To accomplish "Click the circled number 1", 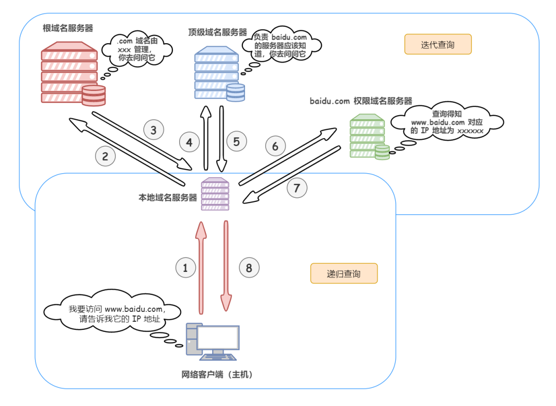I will pyautogui.click(x=186, y=267).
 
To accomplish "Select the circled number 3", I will pyautogui.click(x=153, y=130).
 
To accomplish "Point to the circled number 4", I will pyautogui.click(x=189, y=142).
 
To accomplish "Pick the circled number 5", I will pyautogui.click(x=236, y=141).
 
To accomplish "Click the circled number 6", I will pyautogui.click(x=275, y=146).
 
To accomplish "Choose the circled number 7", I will pyautogui.click(x=297, y=188).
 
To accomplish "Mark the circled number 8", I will pyautogui.click(x=249, y=267).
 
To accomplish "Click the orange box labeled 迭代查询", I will pyautogui.click(x=438, y=45).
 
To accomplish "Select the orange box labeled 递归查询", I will pyautogui.click(x=344, y=273).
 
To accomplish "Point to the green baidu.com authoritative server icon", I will pyautogui.click(x=368, y=137).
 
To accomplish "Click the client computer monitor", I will pyautogui.click(x=218, y=340).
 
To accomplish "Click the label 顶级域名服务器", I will pyautogui.click(x=217, y=32).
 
